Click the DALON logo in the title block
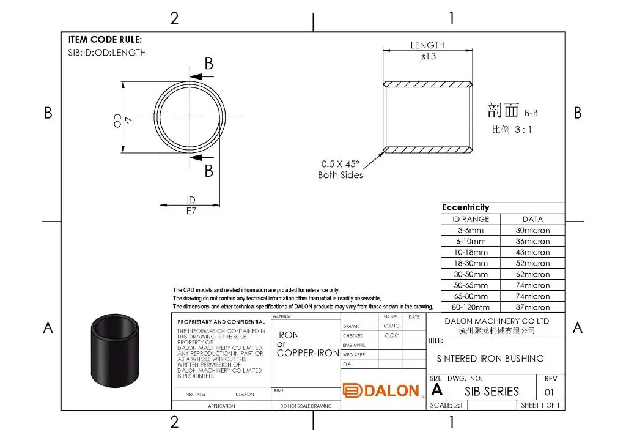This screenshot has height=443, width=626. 382,391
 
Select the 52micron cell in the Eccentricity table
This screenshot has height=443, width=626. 532,263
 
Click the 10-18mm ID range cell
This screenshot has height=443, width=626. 471,252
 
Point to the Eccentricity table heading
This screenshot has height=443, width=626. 466,207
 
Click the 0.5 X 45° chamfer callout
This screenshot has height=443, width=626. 341,164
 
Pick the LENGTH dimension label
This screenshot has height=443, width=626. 427,45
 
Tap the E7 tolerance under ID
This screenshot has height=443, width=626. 191,210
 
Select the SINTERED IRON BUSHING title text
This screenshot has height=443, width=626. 490,359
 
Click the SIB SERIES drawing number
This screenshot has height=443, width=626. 492,391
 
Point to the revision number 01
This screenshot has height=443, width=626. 549,392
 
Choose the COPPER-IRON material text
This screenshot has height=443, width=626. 307,353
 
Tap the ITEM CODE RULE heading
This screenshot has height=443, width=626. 105,40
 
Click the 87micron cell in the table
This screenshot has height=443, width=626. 532,307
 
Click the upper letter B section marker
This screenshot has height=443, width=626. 208,64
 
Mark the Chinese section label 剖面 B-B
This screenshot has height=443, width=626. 512,111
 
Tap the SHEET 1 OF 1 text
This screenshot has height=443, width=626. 540,405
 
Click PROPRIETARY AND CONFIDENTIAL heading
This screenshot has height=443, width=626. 221,322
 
